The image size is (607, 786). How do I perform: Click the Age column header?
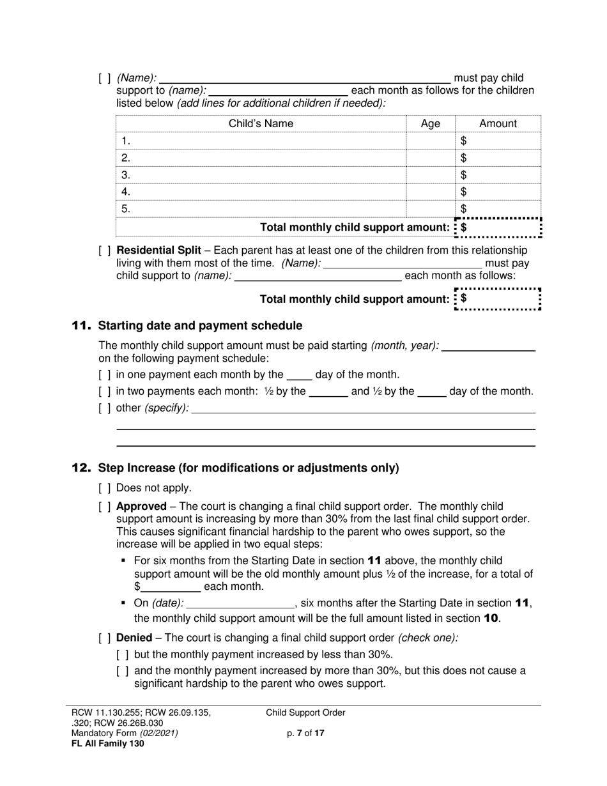click(431, 124)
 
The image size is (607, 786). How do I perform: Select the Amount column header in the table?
click(498, 124)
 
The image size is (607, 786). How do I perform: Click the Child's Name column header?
click(261, 124)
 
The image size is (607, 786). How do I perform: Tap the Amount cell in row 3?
click(498, 175)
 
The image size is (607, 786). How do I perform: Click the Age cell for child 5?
click(431, 208)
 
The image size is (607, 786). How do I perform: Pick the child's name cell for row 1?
click(261, 141)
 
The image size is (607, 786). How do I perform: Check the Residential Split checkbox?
click(105, 250)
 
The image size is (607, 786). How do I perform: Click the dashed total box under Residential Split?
click(498, 299)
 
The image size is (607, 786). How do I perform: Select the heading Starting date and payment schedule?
click(200, 326)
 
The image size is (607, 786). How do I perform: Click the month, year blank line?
click(488, 346)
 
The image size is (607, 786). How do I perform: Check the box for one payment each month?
click(105, 375)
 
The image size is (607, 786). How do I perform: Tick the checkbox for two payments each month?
click(105, 392)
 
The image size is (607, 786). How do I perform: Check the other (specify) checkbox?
click(105, 408)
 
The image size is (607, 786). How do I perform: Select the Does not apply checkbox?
click(105, 488)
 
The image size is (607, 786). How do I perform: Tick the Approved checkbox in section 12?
click(105, 506)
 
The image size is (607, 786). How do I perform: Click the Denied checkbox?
click(105, 638)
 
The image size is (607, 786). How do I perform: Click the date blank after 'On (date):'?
click(240, 603)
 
